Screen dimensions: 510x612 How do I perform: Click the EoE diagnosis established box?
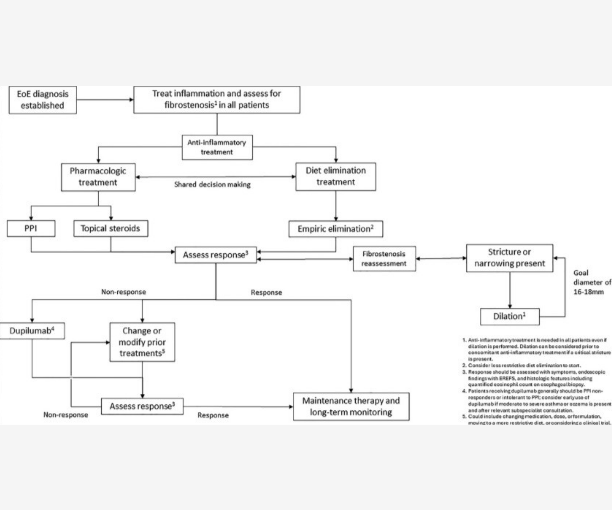coord(42,100)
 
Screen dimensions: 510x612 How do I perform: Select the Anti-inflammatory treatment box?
coord(217,147)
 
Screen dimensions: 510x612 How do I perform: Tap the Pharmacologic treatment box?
coord(98,177)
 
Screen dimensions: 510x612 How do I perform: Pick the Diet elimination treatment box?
coord(336,176)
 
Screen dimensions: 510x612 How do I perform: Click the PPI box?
coord(31,228)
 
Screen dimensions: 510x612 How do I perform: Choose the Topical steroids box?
coord(111,228)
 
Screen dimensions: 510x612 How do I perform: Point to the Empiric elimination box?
coord(336,229)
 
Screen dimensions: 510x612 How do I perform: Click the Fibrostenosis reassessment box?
coord(384,259)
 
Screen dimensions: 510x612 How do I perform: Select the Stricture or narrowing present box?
coord(509,258)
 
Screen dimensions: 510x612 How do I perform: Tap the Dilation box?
coord(509,317)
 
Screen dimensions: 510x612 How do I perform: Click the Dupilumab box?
coord(32,331)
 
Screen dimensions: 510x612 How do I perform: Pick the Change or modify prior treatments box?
coord(142,342)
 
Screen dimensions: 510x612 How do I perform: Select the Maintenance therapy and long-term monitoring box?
coord(351,407)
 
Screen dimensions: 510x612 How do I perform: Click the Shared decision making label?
coord(212,185)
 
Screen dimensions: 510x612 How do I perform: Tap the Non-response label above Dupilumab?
coord(123,292)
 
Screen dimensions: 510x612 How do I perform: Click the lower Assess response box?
coord(142,406)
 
